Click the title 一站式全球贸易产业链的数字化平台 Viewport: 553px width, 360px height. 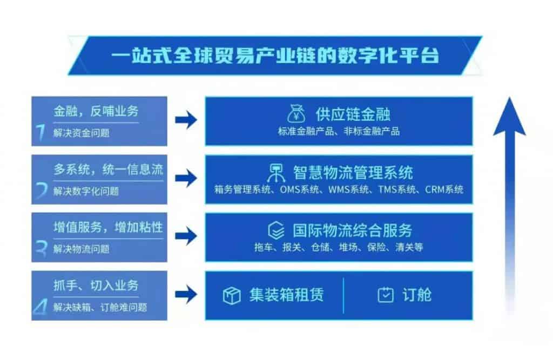click(275, 56)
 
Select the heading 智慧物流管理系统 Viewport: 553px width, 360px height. click(353, 172)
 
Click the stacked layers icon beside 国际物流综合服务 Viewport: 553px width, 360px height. click(276, 230)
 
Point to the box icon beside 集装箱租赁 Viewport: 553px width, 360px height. click(232, 295)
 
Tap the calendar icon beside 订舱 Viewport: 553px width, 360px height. click(386, 295)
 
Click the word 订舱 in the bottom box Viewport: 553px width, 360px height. click(417, 295)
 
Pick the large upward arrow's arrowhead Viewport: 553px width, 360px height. click(510, 116)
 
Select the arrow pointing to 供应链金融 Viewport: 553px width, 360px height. click(186, 120)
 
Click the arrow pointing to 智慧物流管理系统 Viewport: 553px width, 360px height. click(186, 178)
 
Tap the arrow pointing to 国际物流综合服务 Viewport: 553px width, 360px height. click(186, 236)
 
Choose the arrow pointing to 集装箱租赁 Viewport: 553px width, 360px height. click(186, 294)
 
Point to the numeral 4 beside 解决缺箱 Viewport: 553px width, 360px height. click(40, 307)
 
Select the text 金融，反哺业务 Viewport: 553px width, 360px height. click(96, 111)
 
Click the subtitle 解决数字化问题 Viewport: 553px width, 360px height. click(86, 191)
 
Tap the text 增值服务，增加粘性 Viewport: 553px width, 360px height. click(108, 227)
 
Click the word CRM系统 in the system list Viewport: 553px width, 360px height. click(444, 189)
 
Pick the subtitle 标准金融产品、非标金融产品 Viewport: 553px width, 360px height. click(339, 131)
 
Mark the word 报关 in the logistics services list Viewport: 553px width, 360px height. click(292, 247)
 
